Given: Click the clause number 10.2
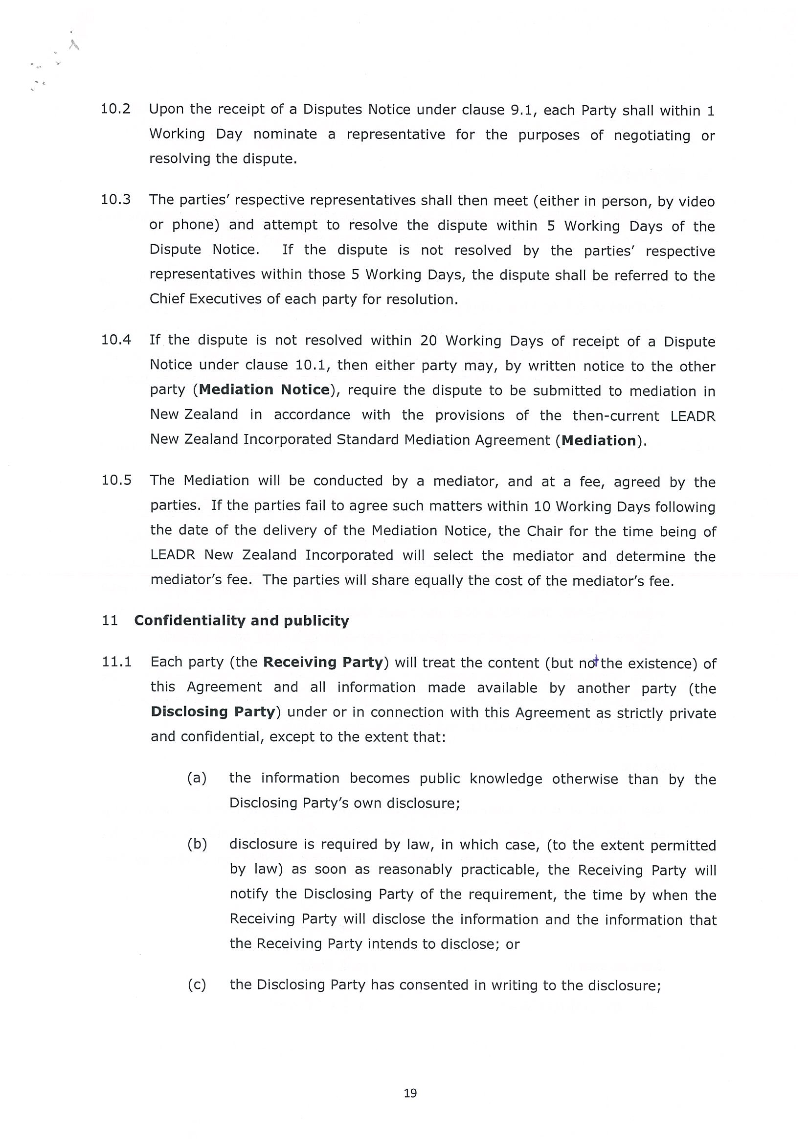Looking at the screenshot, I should click(115, 109).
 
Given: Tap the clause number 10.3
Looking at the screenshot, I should click(115, 200).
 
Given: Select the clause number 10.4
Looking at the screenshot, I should click(116, 340).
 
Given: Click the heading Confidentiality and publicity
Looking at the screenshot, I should click(241, 621).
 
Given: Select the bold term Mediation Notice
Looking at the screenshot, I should click(264, 389).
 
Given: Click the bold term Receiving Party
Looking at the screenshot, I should click(323, 662).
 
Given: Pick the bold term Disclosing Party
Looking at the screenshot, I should click(213, 711).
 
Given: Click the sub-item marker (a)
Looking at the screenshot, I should click(197, 778).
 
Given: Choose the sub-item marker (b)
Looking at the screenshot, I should click(197, 844).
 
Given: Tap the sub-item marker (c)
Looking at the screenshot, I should click(197, 985).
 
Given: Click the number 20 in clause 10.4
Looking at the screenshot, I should click(428, 341).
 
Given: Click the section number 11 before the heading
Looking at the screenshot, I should click(110, 621).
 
